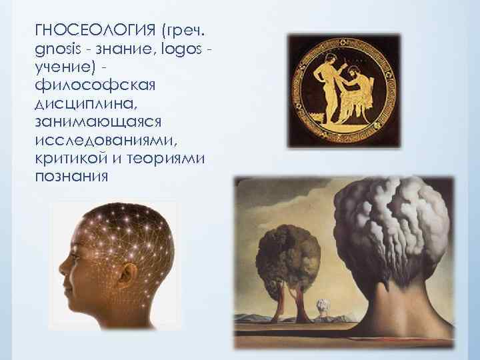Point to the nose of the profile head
point(61,275)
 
